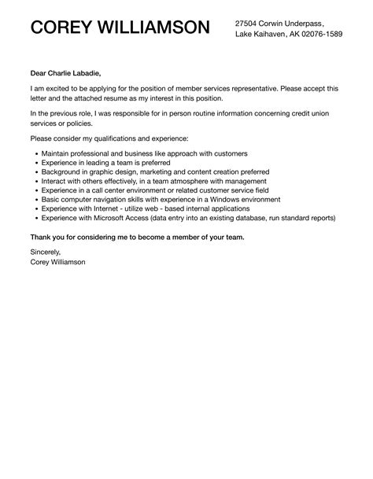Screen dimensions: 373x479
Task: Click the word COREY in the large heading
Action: (61, 30)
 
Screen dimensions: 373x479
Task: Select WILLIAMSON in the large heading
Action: (154, 30)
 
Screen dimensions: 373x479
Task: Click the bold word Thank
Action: (42, 237)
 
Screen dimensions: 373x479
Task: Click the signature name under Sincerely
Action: (59, 263)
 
